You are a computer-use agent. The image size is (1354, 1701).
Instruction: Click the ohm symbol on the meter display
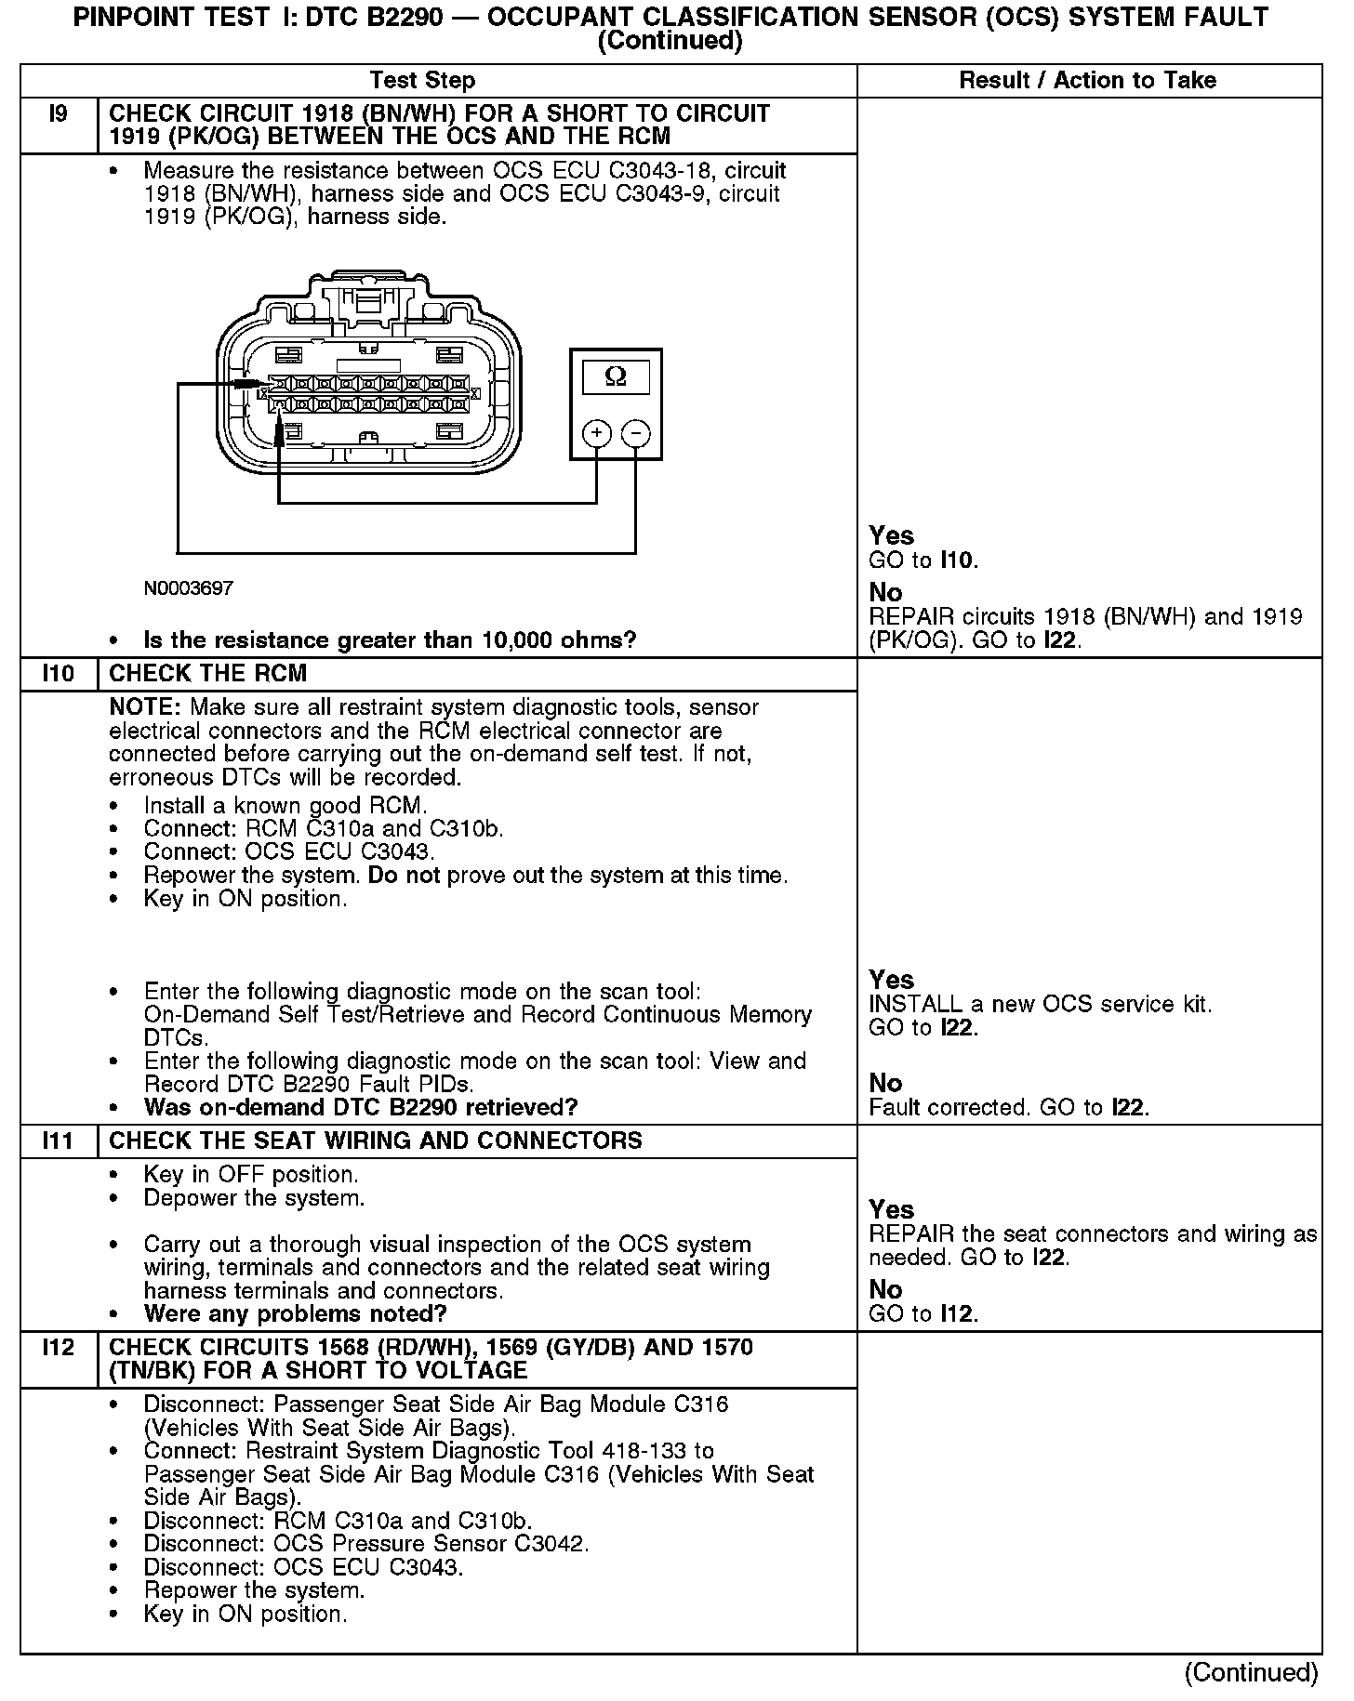[616, 376]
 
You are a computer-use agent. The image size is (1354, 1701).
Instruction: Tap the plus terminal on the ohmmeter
[596, 433]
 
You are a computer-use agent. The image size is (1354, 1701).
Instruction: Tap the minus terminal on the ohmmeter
[635, 433]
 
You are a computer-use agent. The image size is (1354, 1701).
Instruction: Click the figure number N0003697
[189, 588]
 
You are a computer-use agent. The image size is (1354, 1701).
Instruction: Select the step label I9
[58, 114]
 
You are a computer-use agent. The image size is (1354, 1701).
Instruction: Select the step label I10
[58, 673]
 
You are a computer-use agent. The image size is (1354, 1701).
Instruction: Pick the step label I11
[58, 1141]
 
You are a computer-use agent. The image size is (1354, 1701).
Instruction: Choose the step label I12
[58, 1347]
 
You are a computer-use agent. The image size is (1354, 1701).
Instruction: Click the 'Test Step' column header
[422, 80]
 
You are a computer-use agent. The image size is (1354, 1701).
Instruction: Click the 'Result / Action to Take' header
[1087, 80]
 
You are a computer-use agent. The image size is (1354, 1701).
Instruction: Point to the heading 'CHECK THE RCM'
[208, 673]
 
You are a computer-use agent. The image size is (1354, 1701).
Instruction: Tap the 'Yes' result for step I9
[891, 535]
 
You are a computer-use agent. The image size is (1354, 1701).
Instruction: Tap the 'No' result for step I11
[885, 1289]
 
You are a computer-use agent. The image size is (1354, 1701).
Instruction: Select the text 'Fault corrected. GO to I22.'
[1009, 1107]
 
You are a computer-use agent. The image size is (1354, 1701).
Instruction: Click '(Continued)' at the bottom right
[1251, 1672]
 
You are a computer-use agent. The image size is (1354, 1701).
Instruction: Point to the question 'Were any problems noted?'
[296, 1313]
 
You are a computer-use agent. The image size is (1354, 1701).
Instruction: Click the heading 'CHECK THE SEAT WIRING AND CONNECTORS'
[376, 1141]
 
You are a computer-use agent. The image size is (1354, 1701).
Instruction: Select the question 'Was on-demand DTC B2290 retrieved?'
[361, 1107]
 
